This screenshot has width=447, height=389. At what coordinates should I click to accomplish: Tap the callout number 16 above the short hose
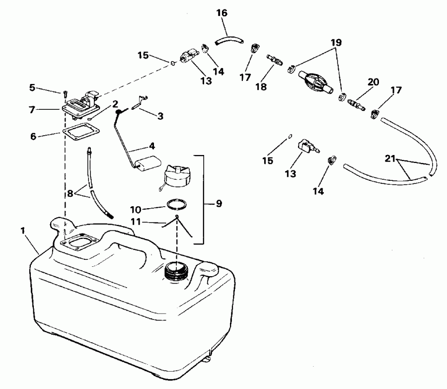coord(222,13)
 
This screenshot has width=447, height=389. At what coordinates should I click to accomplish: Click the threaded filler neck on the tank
coord(176,272)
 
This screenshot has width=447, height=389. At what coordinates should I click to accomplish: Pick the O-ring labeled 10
coord(177,205)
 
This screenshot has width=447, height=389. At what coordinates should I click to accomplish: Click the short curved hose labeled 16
coord(229,38)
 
